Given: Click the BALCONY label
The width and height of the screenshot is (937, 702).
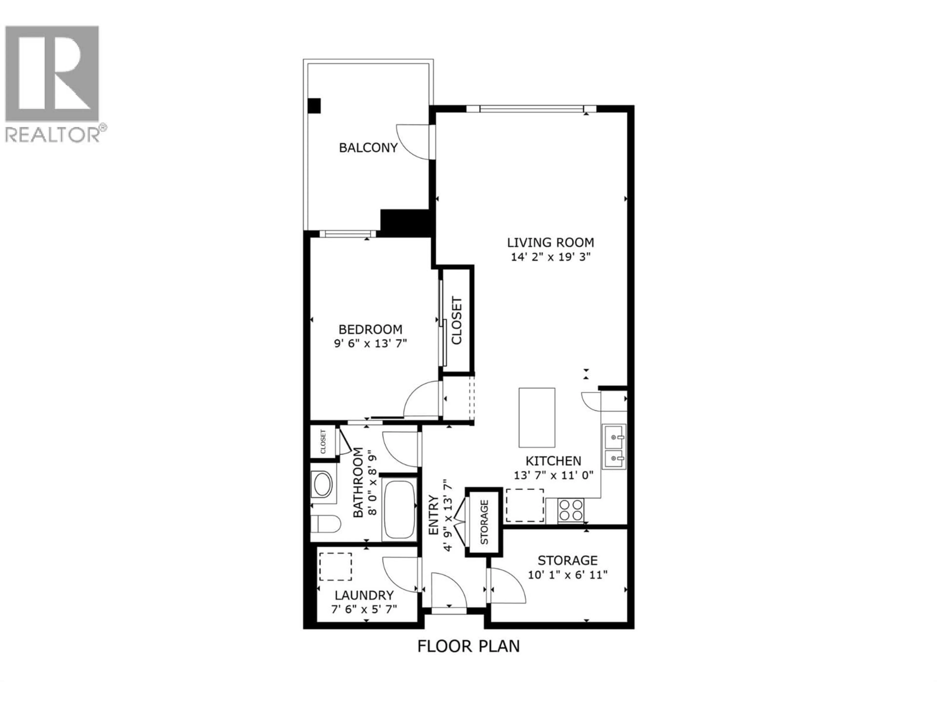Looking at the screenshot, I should (x=368, y=148).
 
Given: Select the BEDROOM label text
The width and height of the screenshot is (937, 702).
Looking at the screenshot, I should (x=370, y=329).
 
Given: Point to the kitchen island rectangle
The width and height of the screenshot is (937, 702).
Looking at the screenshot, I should (x=537, y=418).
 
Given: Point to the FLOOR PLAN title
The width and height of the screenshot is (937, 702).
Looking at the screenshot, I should (x=468, y=658).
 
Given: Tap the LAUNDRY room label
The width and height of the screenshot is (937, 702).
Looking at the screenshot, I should (x=364, y=595).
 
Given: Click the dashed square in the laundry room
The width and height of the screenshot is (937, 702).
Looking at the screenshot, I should (x=336, y=566).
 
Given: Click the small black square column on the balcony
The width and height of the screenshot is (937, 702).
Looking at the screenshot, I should (x=314, y=105).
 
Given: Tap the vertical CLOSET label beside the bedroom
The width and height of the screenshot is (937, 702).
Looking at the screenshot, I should (x=457, y=321).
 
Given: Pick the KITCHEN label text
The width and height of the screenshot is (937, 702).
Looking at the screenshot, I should (x=553, y=461).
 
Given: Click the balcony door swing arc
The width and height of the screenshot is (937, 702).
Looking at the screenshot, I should (x=413, y=142).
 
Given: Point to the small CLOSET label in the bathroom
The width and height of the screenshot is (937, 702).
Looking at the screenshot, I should (x=323, y=442).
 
